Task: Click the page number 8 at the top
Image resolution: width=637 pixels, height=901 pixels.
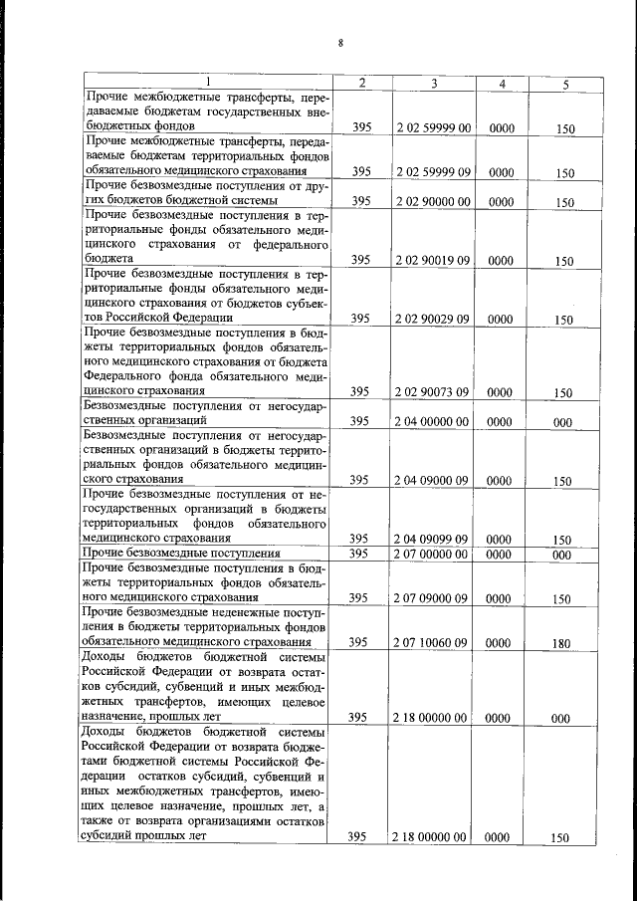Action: click(x=340, y=42)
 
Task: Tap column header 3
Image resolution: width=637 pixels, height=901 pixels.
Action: click(x=434, y=83)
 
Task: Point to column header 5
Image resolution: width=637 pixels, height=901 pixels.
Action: click(x=564, y=84)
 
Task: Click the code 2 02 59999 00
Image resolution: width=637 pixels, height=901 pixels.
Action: click(x=434, y=127)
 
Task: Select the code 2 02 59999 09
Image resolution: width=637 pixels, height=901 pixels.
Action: click(x=434, y=172)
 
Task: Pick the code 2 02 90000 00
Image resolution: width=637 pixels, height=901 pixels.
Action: click(x=434, y=201)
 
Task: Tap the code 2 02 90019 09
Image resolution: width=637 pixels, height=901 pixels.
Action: click(x=434, y=260)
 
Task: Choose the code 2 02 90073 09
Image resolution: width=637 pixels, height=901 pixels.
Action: click(x=434, y=392)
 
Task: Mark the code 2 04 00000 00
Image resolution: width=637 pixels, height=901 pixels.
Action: click(x=434, y=421)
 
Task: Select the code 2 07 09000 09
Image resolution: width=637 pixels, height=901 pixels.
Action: click(x=434, y=598)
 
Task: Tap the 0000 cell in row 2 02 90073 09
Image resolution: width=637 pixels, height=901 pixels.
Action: click(x=502, y=392)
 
